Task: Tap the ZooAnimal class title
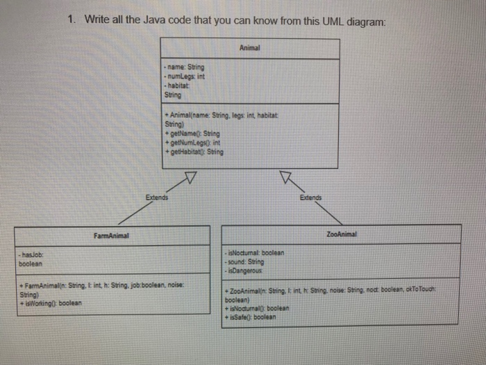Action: click(x=340, y=236)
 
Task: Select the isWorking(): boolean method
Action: click(x=51, y=303)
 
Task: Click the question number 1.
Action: click(x=72, y=20)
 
